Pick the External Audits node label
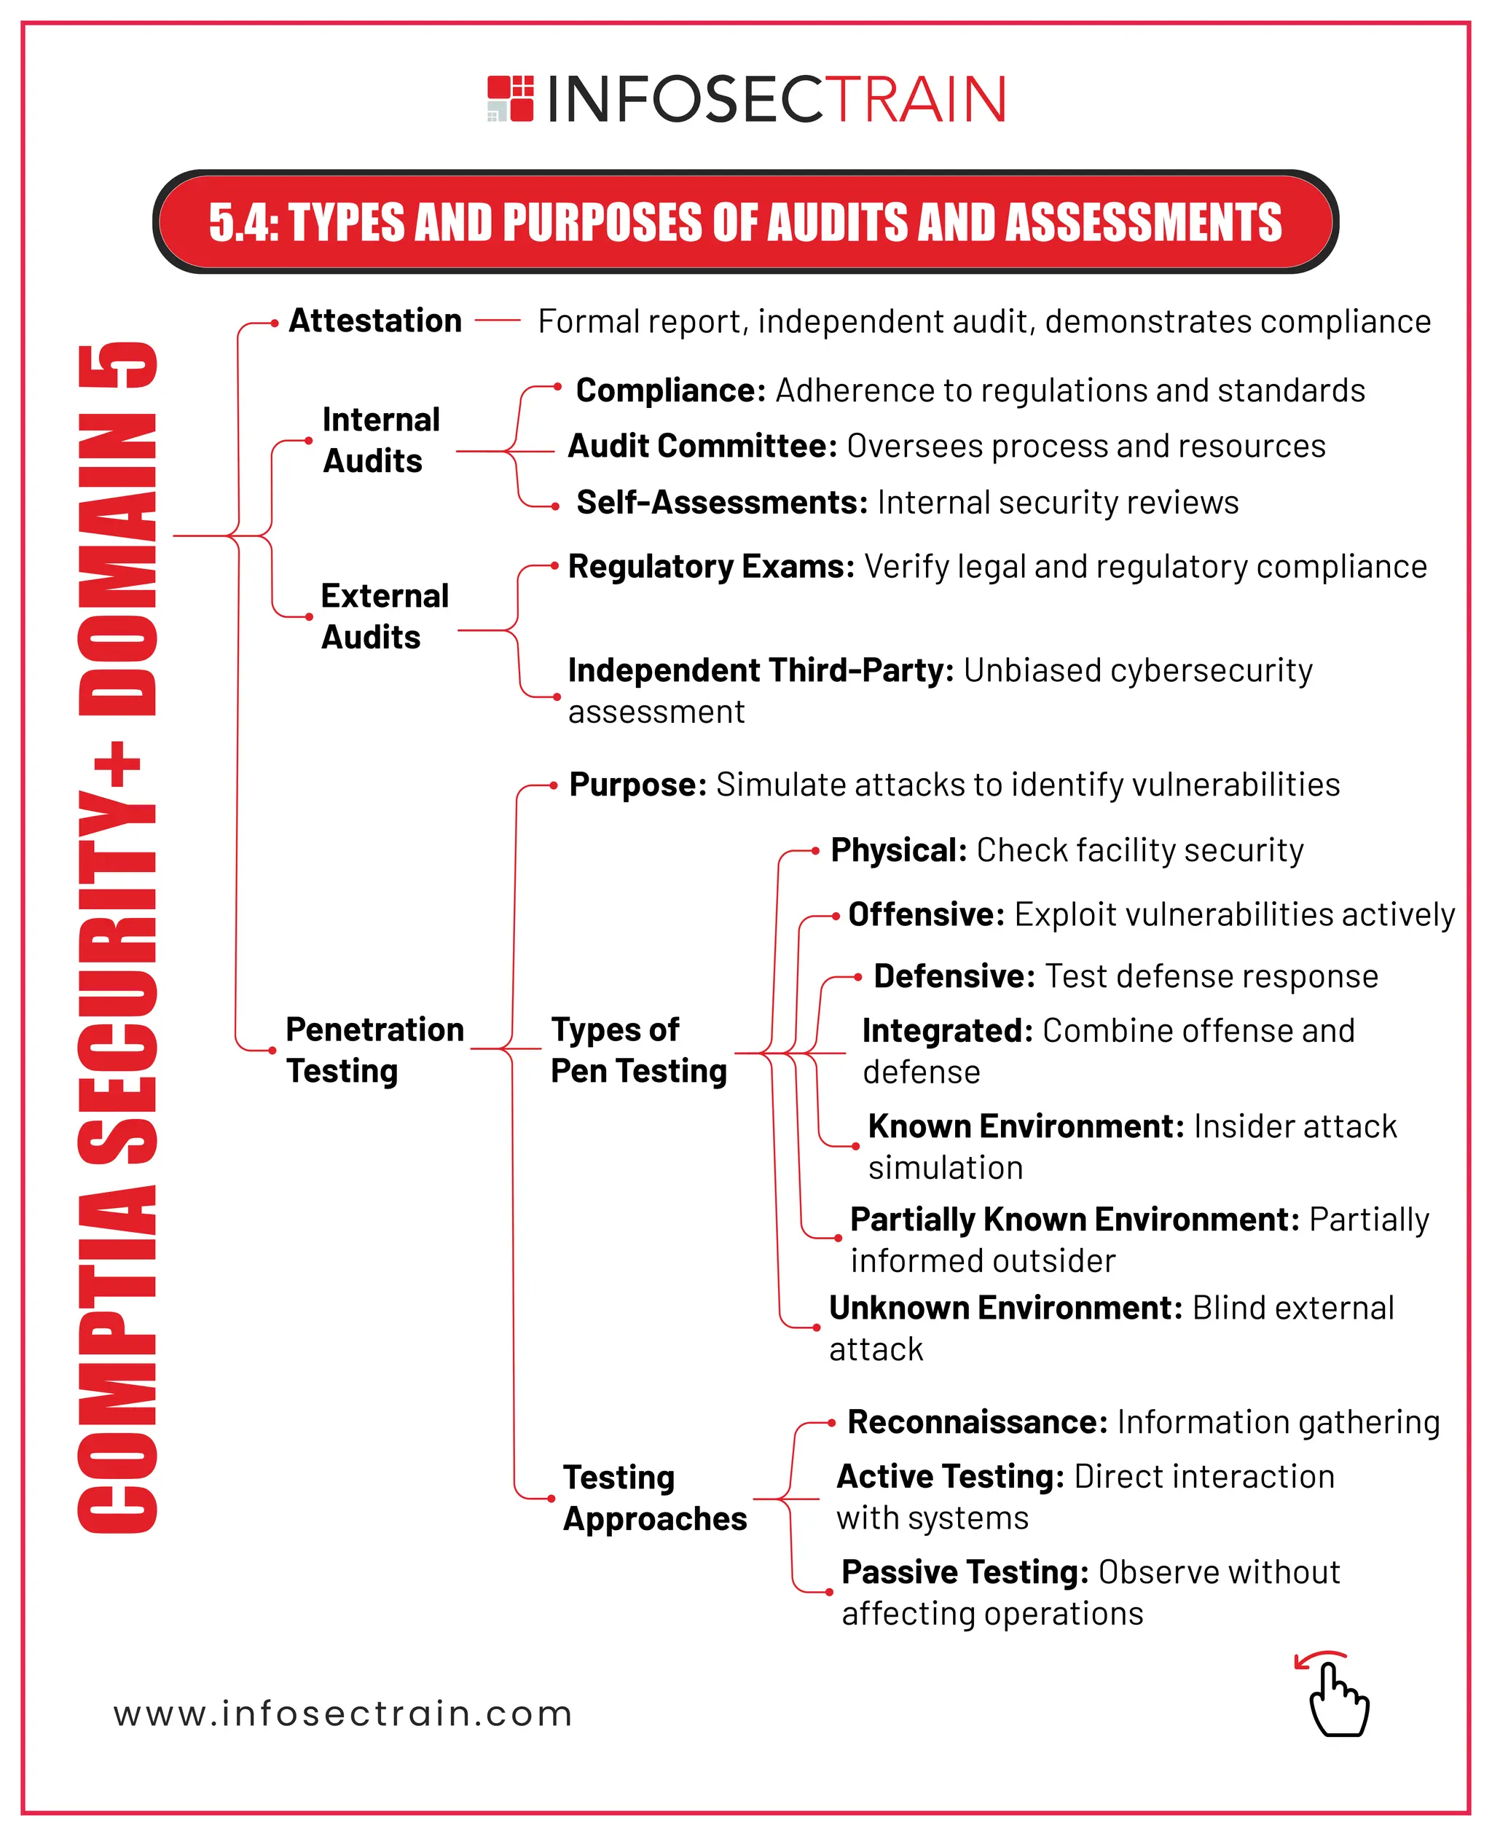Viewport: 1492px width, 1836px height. tap(383, 616)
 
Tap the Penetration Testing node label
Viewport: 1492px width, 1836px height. tap(374, 1050)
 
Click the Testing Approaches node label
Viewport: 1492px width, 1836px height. tap(654, 1497)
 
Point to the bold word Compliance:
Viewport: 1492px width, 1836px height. tap(670, 391)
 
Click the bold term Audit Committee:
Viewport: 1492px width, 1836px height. tap(702, 446)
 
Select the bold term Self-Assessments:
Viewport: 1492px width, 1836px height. tap(722, 502)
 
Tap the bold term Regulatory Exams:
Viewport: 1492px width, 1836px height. tap(711, 566)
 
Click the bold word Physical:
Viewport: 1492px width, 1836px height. tap(898, 850)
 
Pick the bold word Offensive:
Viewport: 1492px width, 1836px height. tap(926, 914)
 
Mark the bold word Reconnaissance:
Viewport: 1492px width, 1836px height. tap(977, 1421)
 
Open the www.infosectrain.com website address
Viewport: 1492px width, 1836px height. tap(343, 1714)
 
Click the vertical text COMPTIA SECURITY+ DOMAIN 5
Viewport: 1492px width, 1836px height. tap(118, 937)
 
